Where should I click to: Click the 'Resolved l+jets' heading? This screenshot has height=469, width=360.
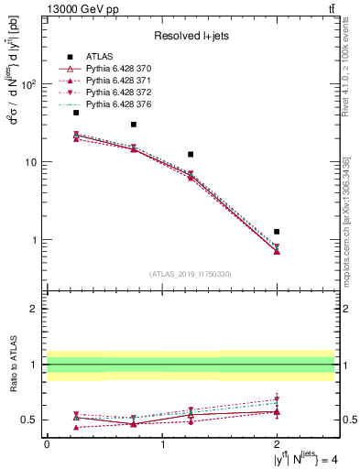coord(191,36)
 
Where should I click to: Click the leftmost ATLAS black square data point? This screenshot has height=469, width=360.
coord(76,113)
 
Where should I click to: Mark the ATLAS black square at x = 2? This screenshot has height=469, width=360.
coord(277,232)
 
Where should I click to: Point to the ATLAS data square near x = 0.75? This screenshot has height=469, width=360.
coord(134,125)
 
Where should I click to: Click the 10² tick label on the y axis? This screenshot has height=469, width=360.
coord(27,84)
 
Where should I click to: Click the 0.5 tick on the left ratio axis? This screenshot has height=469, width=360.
coord(29,420)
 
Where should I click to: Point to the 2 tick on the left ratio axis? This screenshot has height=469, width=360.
coord(35,309)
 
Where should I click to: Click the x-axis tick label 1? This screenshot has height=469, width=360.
coord(162,444)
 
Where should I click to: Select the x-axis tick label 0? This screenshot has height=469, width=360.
coord(47,444)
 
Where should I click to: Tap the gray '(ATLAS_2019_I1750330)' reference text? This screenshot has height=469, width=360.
coord(191,274)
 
